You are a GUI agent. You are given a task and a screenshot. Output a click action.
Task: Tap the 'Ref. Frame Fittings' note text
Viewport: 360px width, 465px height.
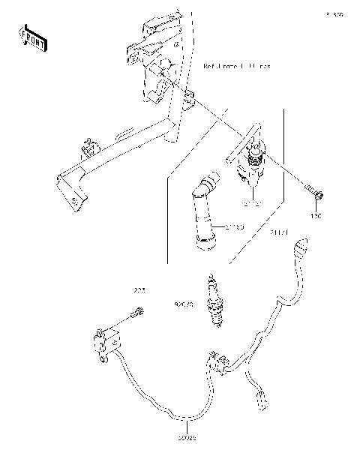click(237, 67)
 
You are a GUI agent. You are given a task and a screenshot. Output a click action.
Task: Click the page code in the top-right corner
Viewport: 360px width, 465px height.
click(334, 13)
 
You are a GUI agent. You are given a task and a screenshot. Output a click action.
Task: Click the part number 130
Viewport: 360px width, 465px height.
click(316, 216)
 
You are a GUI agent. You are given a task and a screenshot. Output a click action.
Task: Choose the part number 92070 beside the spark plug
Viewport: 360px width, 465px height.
click(184, 306)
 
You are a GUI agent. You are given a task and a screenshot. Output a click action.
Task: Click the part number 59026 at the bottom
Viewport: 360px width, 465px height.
click(186, 437)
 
